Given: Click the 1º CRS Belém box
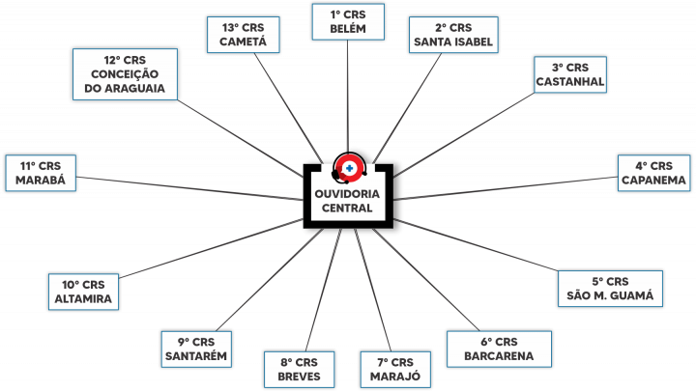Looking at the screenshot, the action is (348, 21).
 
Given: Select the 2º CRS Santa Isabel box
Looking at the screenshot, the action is (453, 35).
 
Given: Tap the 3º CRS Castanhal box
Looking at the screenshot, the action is (570, 74).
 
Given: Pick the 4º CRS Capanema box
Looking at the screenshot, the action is (653, 173).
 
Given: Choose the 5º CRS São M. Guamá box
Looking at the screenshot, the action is (610, 289).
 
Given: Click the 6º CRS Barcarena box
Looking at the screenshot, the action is (499, 349).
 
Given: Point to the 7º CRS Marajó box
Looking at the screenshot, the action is (395, 369).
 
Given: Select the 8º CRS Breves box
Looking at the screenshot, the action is (299, 369).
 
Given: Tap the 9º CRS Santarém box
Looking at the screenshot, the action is (196, 349).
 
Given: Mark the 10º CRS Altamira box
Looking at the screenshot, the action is (83, 292).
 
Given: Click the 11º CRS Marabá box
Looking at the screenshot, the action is (41, 173).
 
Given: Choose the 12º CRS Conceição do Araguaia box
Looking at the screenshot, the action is (125, 74).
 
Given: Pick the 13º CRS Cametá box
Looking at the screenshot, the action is (243, 35).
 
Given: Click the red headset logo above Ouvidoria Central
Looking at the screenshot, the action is (349, 168).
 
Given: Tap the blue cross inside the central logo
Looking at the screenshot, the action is (349, 168).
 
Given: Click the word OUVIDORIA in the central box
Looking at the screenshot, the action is (347, 194).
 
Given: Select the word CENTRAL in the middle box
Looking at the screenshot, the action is (347, 208).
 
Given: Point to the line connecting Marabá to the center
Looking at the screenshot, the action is (190, 188).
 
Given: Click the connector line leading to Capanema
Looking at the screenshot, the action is (506, 188).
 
